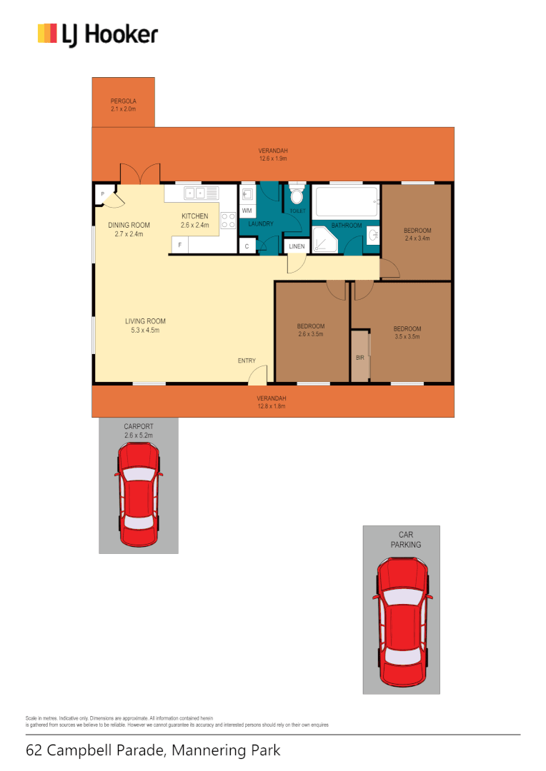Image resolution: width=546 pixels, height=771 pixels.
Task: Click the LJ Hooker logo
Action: point(97,34)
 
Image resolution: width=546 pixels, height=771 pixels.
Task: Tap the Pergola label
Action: point(123,105)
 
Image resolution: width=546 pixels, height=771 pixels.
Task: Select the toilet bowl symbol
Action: point(297,196)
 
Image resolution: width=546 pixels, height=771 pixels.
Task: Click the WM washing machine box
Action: point(247,211)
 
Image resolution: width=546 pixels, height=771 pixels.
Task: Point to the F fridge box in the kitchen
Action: point(180,246)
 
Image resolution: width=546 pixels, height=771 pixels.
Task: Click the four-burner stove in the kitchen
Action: point(229,221)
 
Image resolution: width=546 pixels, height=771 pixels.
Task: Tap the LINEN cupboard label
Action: point(297,246)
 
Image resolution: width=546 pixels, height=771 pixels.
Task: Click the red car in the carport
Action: point(138,495)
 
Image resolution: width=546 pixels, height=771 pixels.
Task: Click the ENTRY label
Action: point(247,361)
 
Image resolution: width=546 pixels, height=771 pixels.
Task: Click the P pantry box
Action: point(102,193)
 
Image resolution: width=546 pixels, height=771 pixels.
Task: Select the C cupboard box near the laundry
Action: point(247,246)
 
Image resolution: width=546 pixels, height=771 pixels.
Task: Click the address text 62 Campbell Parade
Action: point(153,750)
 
